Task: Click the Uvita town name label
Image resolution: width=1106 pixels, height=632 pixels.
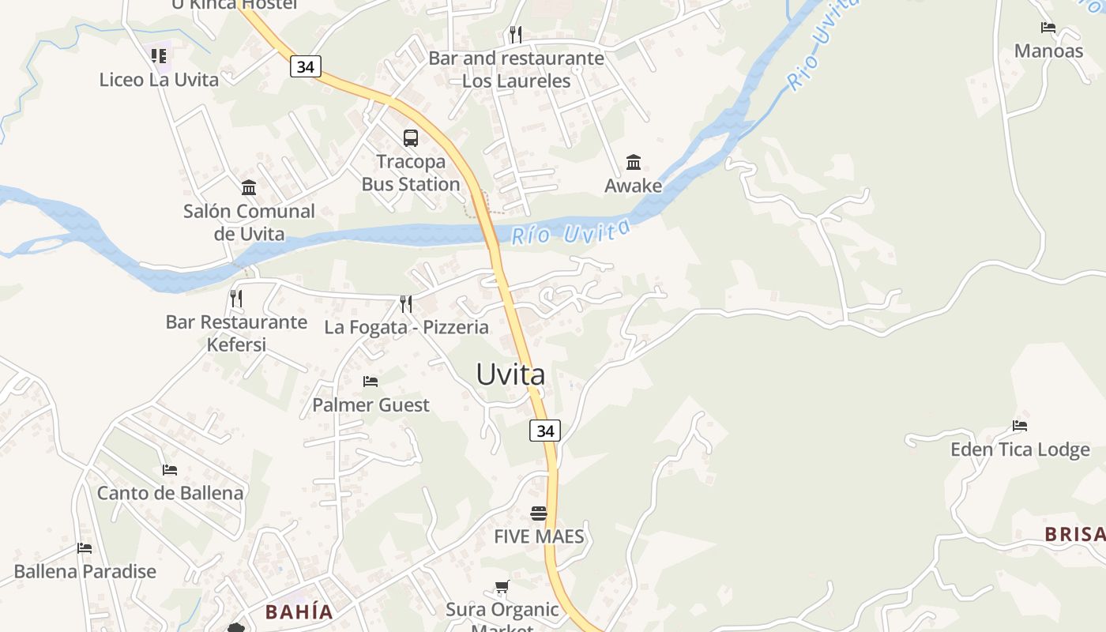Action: pos(510,374)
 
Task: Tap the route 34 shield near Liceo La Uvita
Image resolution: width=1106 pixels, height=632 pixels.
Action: pos(306,67)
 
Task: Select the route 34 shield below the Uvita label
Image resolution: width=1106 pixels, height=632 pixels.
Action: pos(545,431)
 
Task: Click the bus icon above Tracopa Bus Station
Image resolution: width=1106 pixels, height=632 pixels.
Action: pos(411,138)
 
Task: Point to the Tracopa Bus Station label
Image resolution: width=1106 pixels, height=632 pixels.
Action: pos(411,173)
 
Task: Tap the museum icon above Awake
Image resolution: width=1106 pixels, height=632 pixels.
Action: pos(634,163)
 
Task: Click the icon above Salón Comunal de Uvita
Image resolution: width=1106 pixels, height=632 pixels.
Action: pos(249,188)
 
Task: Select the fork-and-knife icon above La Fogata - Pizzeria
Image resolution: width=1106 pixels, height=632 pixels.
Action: pos(406,304)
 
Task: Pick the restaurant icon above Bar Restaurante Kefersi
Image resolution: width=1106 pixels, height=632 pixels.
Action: pos(236,299)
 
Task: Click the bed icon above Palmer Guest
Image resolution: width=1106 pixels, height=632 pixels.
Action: pos(371,382)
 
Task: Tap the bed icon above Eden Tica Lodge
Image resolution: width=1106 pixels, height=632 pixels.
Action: pos(1020,427)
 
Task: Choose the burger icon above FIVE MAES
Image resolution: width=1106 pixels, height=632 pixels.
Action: pos(539,513)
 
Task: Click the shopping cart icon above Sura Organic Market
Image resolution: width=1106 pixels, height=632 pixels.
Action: pos(502,587)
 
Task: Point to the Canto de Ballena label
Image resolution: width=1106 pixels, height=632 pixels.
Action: pos(170,493)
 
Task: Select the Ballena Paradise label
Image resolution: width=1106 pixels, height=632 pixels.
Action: pos(85,571)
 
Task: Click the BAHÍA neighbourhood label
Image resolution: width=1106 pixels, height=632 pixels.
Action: pos(299,612)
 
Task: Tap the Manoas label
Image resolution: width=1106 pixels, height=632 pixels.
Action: pos(1048,51)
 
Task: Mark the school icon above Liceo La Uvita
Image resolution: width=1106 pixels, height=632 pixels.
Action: pos(159,56)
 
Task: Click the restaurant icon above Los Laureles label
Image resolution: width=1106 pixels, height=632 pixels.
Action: pos(516,35)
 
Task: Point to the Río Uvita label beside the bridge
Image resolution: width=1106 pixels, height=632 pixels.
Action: pos(571,231)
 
